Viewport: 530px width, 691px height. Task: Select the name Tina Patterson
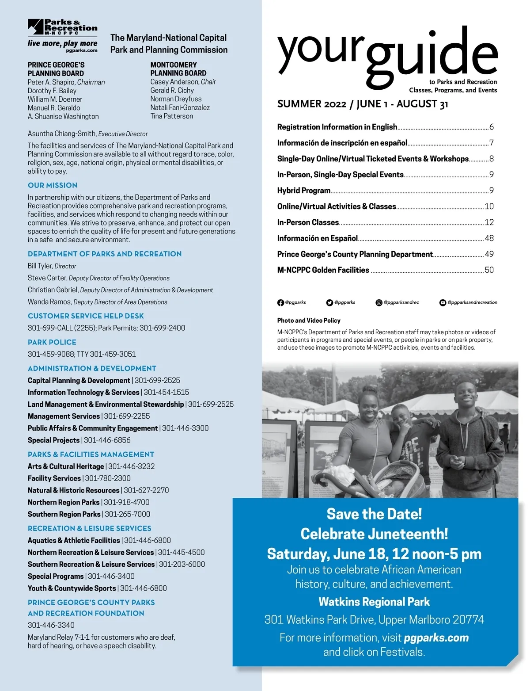171,116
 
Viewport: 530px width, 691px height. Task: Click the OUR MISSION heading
53,185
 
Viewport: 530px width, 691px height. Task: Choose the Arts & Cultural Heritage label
66,466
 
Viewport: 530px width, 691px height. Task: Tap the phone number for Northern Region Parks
127,502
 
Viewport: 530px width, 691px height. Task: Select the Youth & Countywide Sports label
72,588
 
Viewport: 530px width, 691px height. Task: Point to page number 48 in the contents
489,238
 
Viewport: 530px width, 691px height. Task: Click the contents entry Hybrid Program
304,191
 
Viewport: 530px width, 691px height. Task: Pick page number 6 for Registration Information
491,127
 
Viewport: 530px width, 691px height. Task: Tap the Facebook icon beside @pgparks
280,303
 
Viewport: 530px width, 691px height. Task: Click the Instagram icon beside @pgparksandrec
379,303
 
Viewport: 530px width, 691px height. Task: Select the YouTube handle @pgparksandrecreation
472,302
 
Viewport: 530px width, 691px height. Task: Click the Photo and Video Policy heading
309,321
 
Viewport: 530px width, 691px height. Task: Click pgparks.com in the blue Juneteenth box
436,638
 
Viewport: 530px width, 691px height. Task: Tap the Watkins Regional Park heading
374,602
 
